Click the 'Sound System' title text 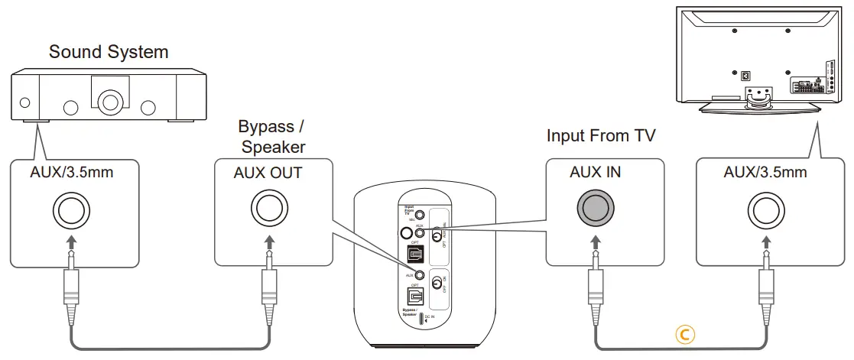click(x=109, y=52)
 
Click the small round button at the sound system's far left click(x=26, y=102)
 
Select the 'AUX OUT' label click(x=268, y=173)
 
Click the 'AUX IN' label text click(x=595, y=173)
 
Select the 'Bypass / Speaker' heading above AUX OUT click(x=273, y=136)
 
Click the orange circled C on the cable click(x=684, y=333)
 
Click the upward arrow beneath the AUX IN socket click(x=595, y=242)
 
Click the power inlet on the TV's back click(x=745, y=76)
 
